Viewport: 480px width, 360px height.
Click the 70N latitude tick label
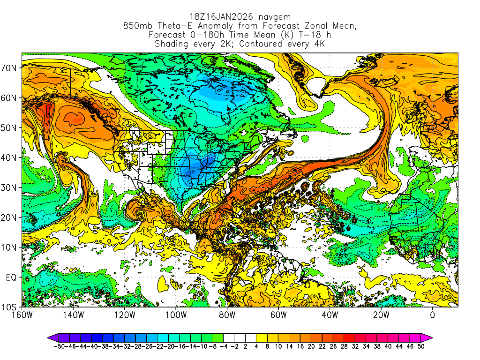[x=9, y=68]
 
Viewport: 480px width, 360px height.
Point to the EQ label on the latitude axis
[x=11, y=277]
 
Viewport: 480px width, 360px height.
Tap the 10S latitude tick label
[x=9, y=307]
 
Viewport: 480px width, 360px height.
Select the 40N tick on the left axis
[x=9, y=157]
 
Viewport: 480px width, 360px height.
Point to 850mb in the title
[x=136, y=26]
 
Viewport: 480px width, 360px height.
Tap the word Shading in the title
[x=172, y=44]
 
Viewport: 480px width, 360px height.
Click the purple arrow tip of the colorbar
[x=50, y=337]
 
